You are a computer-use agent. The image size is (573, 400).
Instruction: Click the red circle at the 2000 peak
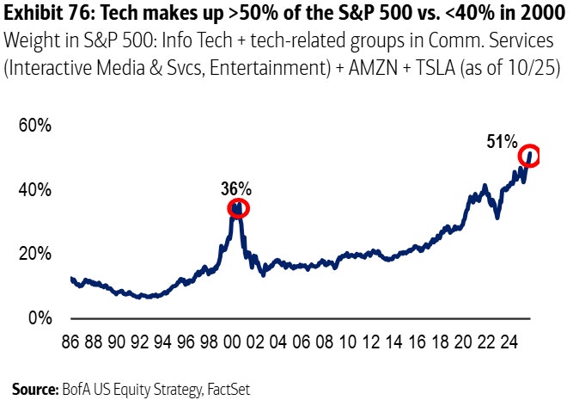(237, 208)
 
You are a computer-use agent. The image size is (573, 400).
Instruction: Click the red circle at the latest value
(529, 155)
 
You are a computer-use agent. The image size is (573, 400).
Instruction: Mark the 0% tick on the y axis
(40, 318)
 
